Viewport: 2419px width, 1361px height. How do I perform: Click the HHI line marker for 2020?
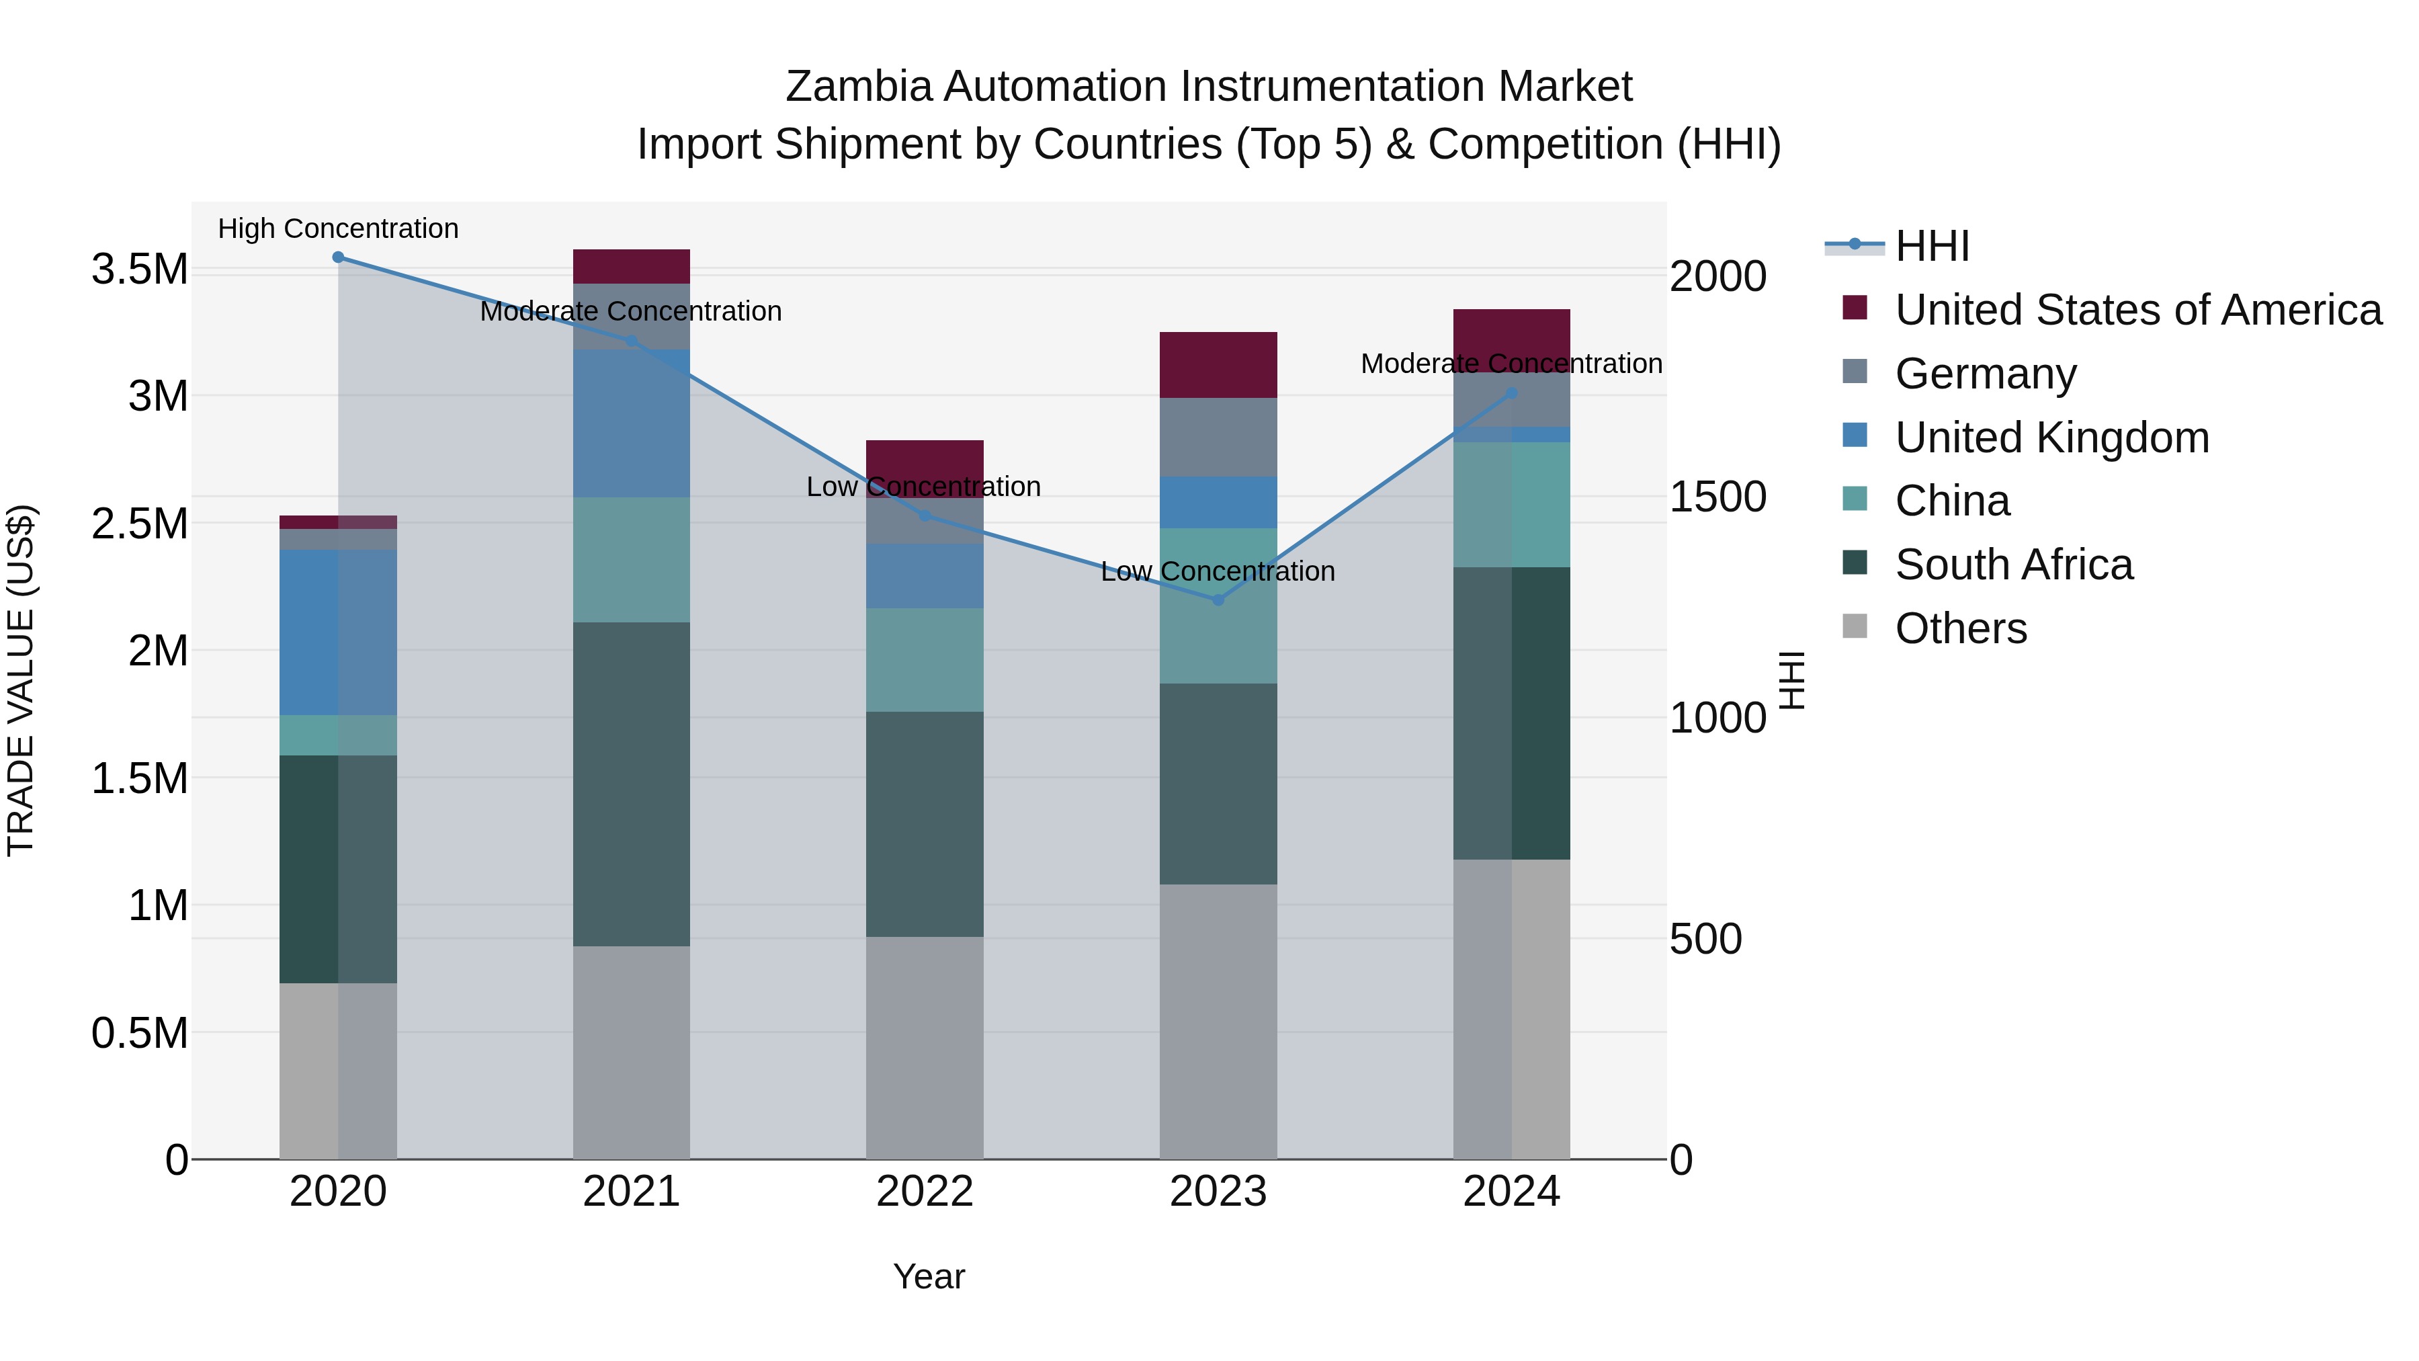point(338,257)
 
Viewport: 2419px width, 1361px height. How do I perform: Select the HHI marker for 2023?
point(1218,600)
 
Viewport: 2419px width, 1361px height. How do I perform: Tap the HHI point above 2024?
point(1511,394)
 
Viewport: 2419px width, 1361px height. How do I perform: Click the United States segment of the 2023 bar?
point(1218,366)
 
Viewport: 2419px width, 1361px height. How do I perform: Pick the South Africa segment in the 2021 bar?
point(631,784)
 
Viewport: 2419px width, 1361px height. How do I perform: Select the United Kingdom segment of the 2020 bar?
point(338,633)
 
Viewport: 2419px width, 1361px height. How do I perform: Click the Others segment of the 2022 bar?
point(924,1047)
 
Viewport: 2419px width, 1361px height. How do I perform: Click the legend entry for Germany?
point(1985,374)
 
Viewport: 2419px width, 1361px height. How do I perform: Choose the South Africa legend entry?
point(2013,565)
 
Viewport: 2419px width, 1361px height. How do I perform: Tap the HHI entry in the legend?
point(1932,246)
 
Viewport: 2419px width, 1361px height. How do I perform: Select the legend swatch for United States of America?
point(1855,308)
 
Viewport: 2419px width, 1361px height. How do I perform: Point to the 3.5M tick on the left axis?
point(139,270)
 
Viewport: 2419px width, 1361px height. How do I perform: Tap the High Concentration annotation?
point(338,229)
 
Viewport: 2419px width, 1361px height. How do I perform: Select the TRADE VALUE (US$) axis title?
point(21,680)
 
